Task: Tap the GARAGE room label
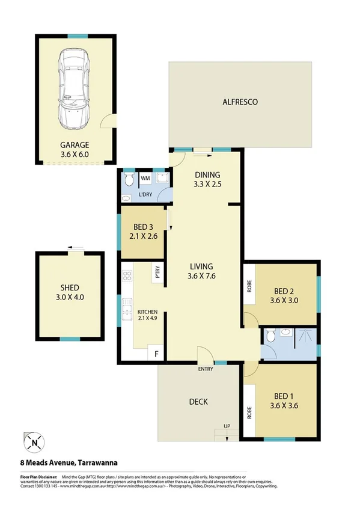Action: click(75, 144)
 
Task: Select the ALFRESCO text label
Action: click(240, 102)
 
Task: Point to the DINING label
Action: click(208, 175)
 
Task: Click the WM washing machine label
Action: click(145, 178)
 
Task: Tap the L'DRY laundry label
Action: click(145, 195)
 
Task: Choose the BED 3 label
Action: click(144, 227)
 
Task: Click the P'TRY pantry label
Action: click(157, 271)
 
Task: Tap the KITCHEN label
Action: click(147, 312)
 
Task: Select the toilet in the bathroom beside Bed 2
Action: click(270, 336)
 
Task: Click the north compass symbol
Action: click(34, 444)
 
